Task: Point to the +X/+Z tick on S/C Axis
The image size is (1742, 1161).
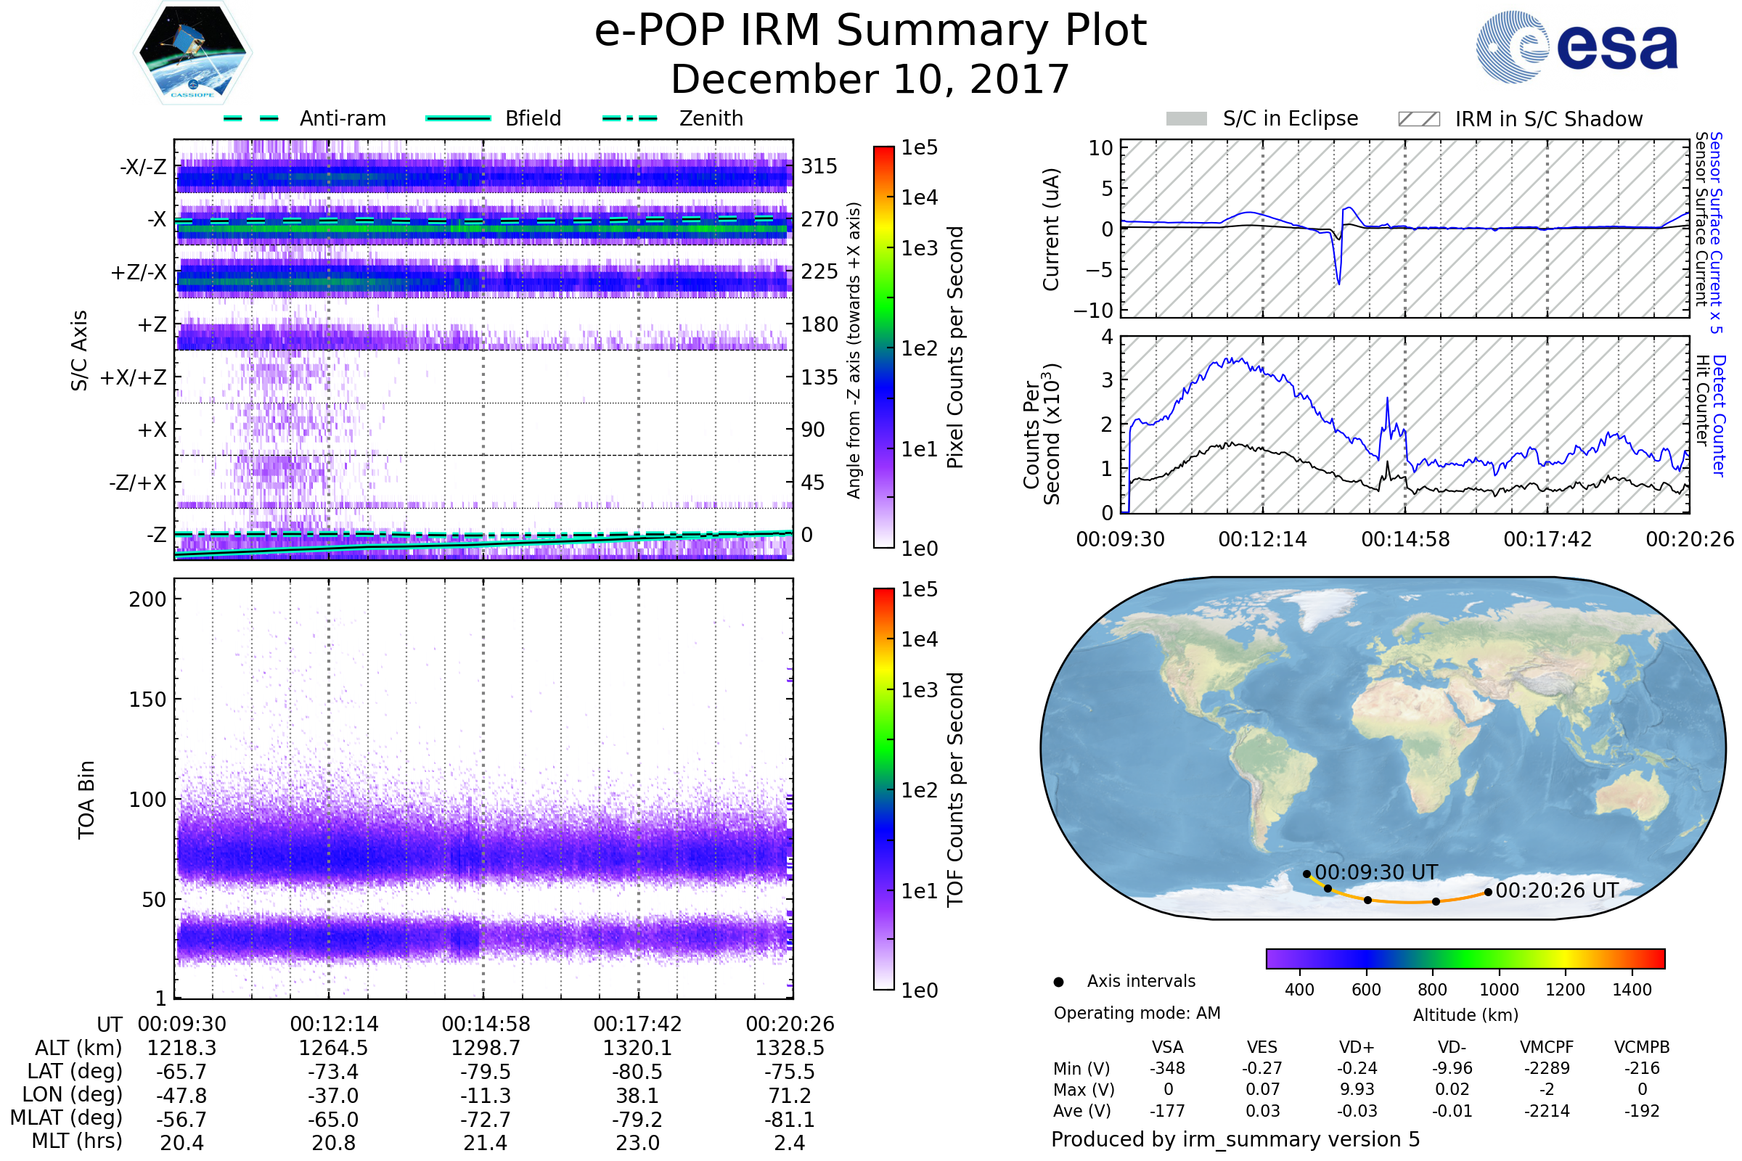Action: click(x=134, y=377)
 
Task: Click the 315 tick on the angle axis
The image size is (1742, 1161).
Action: click(x=819, y=167)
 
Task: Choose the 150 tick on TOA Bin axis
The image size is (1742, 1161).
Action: click(x=147, y=700)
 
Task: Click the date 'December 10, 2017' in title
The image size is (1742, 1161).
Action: click(x=870, y=79)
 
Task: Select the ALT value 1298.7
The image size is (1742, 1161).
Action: click(x=486, y=1048)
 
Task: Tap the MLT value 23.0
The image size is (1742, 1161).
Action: click(x=638, y=1142)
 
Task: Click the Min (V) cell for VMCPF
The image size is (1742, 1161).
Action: click(x=1547, y=1068)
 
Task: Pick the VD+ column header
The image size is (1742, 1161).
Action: click(x=1357, y=1047)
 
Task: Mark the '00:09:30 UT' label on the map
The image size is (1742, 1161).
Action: click(x=1376, y=872)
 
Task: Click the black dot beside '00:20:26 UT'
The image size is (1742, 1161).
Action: click(x=1488, y=893)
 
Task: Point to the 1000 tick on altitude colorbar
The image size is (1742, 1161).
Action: click(x=1499, y=989)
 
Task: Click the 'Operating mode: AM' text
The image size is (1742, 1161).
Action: click(x=1137, y=1013)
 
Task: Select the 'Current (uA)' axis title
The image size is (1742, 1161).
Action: click(x=1051, y=229)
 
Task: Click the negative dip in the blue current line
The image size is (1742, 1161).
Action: click(x=1338, y=282)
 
